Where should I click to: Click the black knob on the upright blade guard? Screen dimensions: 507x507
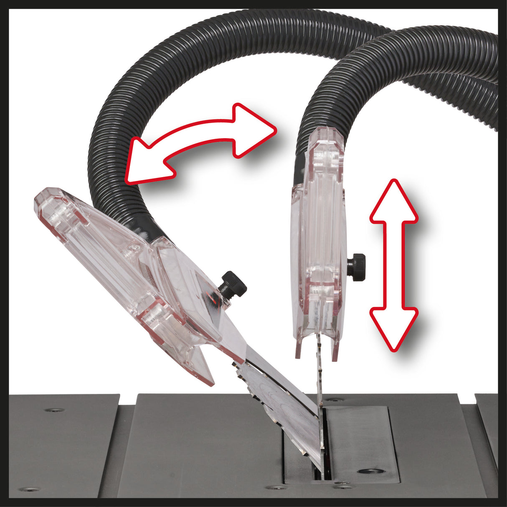pyautogui.click(x=357, y=266)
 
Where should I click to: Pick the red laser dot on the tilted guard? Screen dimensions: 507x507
pyautogui.click(x=213, y=299)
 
